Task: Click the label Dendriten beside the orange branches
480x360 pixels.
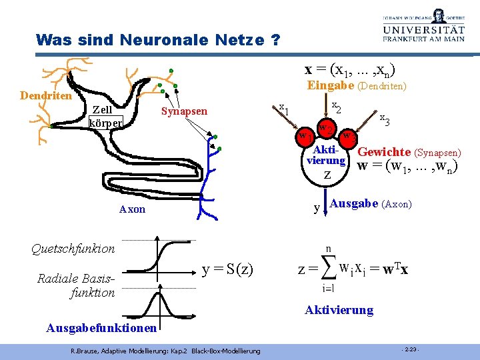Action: (46, 96)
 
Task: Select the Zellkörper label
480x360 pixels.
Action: (104, 117)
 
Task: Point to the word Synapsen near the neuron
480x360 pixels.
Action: (184, 111)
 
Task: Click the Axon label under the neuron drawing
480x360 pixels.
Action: (132, 209)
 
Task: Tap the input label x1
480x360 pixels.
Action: (283, 108)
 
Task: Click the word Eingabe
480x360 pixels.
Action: (330, 85)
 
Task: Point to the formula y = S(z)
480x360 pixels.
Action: (227, 269)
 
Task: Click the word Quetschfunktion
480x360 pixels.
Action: (73, 249)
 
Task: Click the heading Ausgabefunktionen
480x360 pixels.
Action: (101, 327)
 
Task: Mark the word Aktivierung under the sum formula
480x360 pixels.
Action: (339, 310)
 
